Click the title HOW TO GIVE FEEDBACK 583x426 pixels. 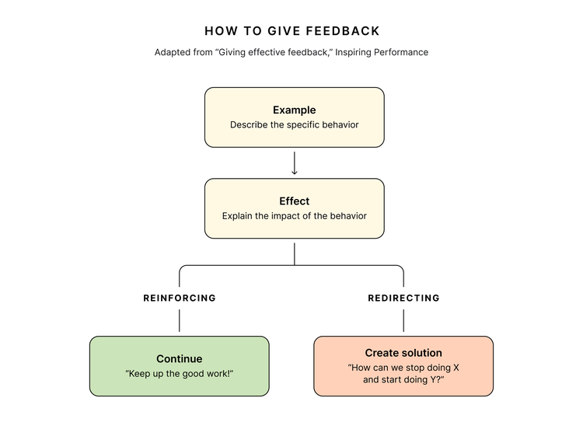pos(292,31)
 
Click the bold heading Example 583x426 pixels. pos(294,110)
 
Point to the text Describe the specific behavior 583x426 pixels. pos(294,124)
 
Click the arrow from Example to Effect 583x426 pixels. pos(295,162)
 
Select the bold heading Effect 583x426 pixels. pos(294,201)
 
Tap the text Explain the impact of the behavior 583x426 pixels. pos(294,216)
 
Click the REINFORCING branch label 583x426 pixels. pos(180,298)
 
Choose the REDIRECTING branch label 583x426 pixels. pos(403,298)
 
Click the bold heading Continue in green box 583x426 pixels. pos(179,359)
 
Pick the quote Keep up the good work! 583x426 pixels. pos(179,374)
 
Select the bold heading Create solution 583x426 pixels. pos(403,353)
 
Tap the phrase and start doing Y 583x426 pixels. pos(403,380)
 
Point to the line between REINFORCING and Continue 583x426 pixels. pos(180,320)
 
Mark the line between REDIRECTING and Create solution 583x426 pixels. pos(403,320)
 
